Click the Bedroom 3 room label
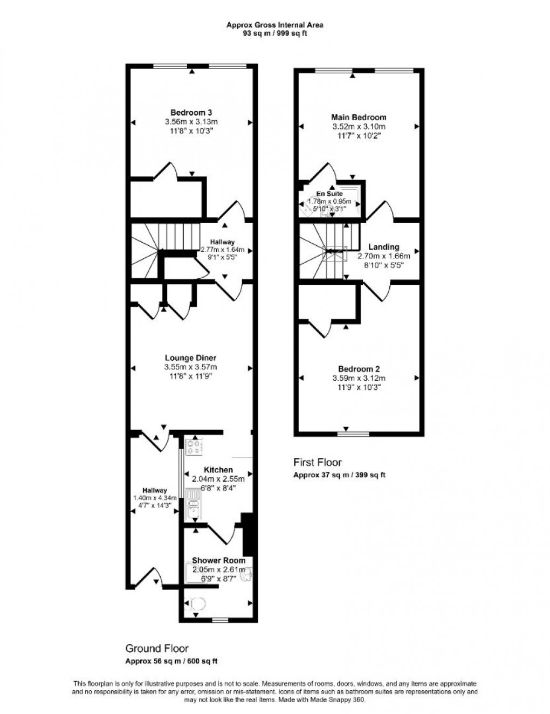point(191,113)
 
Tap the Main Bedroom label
point(359,117)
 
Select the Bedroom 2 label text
point(359,369)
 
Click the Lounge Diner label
point(190,358)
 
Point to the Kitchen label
point(218,470)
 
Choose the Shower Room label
point(218,560)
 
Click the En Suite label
point(329,194)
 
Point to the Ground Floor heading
point(157,648)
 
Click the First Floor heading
point(317,462)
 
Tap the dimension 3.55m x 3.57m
point(190,367)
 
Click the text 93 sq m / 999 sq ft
point(274,32)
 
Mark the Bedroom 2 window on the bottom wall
point(354,433)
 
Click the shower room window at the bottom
point(219,620)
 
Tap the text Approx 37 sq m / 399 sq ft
point(339,475)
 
